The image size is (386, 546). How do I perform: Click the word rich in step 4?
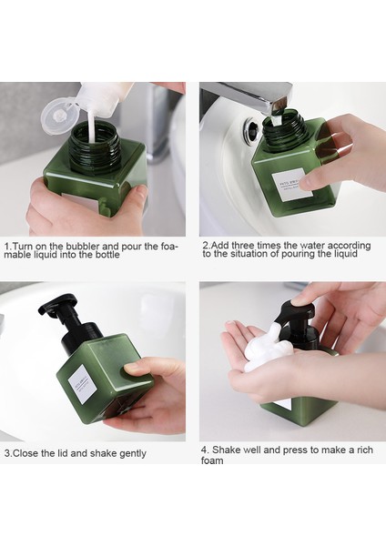(x=355, y=450)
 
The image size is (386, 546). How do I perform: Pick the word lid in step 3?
(x=62, y=453)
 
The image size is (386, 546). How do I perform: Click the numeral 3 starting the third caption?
(x=6, y=453)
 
